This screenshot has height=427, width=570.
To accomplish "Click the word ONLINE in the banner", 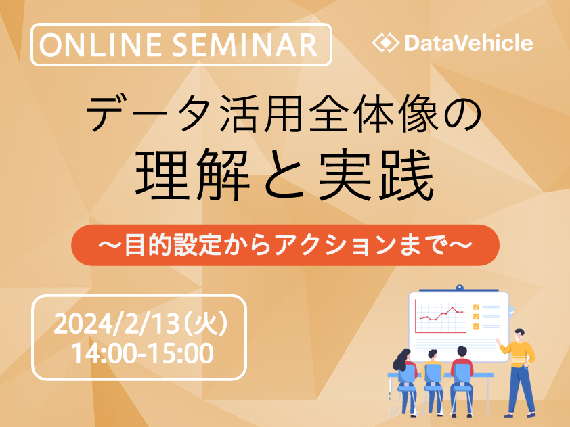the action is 101,45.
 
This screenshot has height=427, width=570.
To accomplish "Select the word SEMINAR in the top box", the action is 245,45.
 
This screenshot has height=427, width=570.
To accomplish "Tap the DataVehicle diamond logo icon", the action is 386,43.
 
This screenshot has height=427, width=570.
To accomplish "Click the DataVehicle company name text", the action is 469,43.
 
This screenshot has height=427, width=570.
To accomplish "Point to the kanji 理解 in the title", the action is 193,175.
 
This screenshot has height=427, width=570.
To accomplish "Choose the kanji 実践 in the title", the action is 376,175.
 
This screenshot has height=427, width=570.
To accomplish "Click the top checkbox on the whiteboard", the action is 476,307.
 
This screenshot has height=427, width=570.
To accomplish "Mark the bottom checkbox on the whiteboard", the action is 476,326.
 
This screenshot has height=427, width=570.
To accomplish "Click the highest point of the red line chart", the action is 453,307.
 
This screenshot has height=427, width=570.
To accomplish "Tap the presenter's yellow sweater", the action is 518,354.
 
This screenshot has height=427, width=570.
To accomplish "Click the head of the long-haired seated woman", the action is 404,356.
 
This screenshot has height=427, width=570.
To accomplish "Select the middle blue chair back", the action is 433,374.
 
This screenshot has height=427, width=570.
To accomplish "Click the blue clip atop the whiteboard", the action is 460,288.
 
